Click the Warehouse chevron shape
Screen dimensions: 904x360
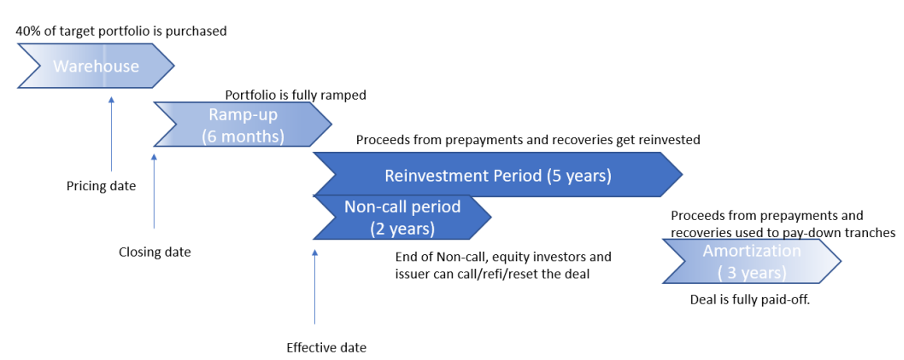(x=96, y=66)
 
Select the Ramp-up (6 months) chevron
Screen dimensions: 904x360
(x=243, y=124)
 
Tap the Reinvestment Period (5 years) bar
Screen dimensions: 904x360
(x=498, y=174)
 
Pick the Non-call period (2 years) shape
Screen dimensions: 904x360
(x=402, y=218)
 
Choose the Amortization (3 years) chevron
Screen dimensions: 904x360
(x=752, y=261)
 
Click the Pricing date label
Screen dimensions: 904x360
(x=101, y=186)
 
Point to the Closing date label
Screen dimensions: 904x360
(x=155, y=252)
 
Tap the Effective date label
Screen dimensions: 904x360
(x=326, y=348)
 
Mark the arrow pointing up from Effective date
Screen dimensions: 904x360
(x=315, y=287)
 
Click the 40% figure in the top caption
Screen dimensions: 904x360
(x=27, y=31)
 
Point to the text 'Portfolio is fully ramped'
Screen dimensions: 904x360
(x=296, y=95)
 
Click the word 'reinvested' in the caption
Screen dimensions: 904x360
(x=671, y=140)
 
